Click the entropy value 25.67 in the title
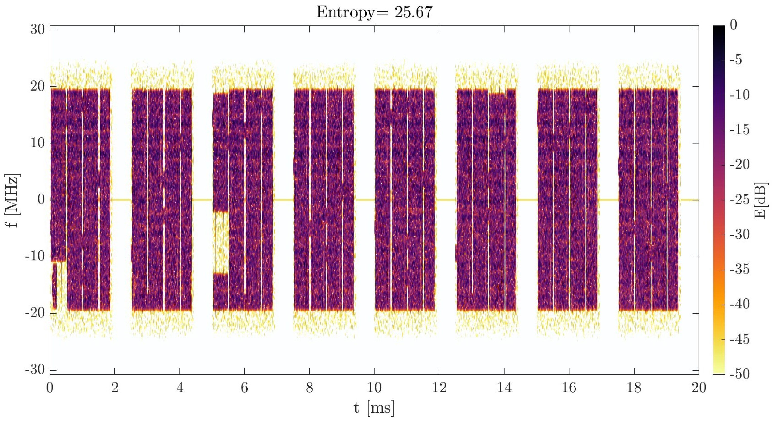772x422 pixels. pyautogui.click(x=413, y=13)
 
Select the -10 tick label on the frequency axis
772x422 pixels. pyautogui.click(x=35, y=257)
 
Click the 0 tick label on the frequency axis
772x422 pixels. pyautogui.click(x=41, y=200)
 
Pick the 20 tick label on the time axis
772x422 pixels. pyautogui.click(x=699, y=388)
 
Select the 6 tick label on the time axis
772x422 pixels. pyautogui.click(x=245, y=388)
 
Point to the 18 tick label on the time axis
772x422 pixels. pyautogui.click(x=634, y=388)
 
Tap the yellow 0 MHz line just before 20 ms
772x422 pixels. pyautogui.click(x=689, y=200)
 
